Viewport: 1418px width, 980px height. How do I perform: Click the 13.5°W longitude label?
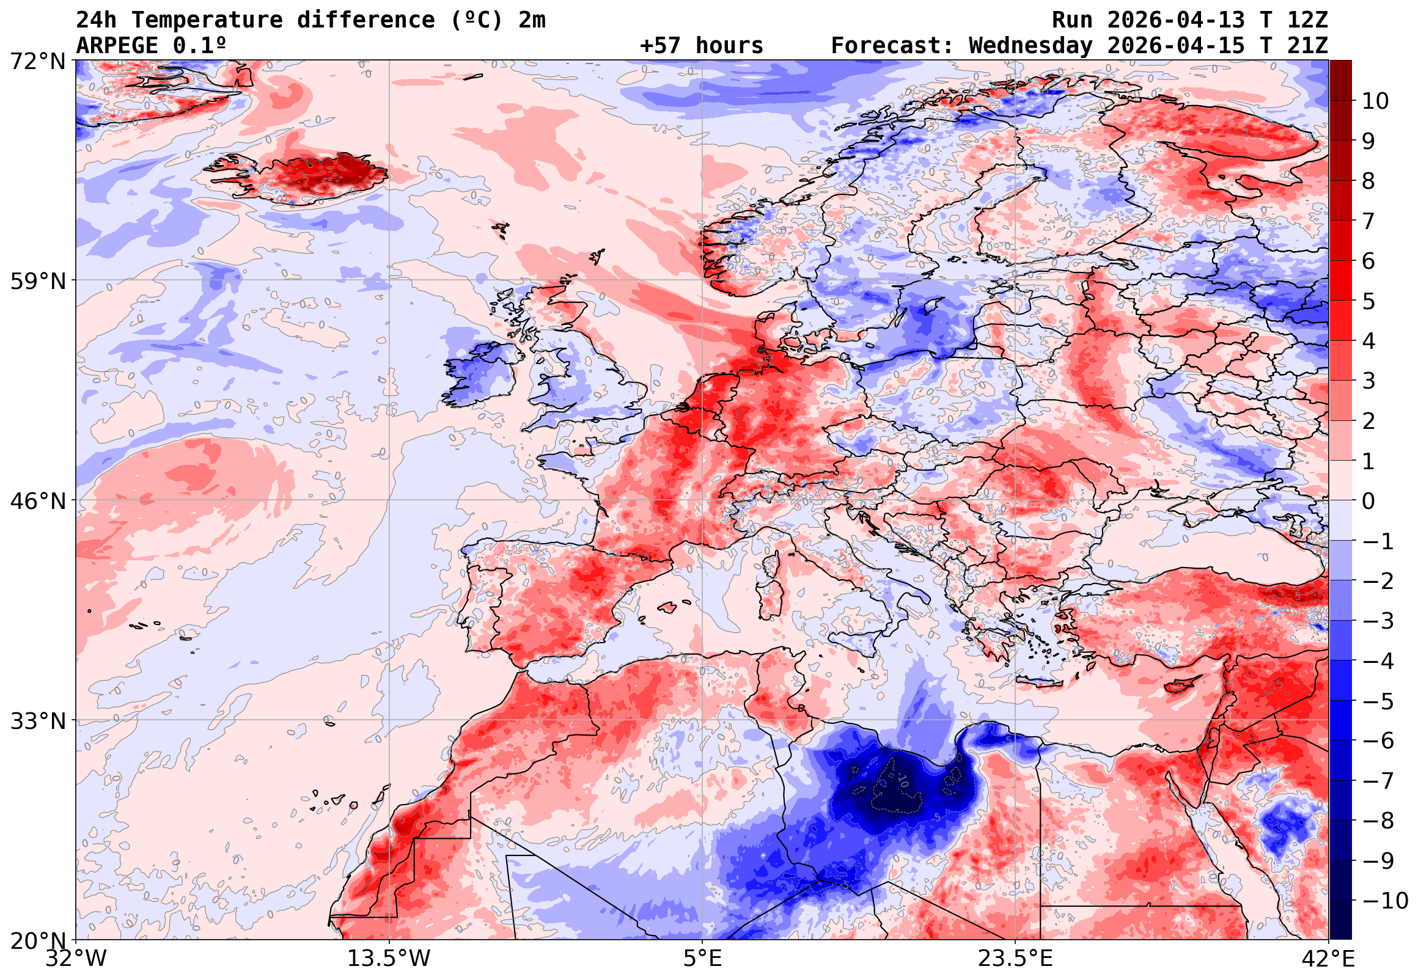[389, 959]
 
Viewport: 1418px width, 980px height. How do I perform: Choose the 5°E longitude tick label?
[702, 959]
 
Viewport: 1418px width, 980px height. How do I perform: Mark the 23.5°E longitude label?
[1015, 959]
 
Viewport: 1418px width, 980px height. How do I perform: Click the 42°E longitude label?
[1328, 959]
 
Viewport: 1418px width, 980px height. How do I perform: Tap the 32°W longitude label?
[76, 959]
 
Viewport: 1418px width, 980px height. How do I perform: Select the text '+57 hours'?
[701, 46]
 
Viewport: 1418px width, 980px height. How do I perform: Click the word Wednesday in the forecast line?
[1030, 46]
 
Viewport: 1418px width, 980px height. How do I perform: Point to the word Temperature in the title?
[207, 20]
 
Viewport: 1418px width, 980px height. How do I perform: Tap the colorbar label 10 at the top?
[1375, 101]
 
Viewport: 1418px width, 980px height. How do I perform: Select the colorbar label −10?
[1385, 901]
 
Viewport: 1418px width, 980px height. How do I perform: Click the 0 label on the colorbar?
[1368, 501]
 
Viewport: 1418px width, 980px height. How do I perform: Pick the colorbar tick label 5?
[1368, 301]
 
